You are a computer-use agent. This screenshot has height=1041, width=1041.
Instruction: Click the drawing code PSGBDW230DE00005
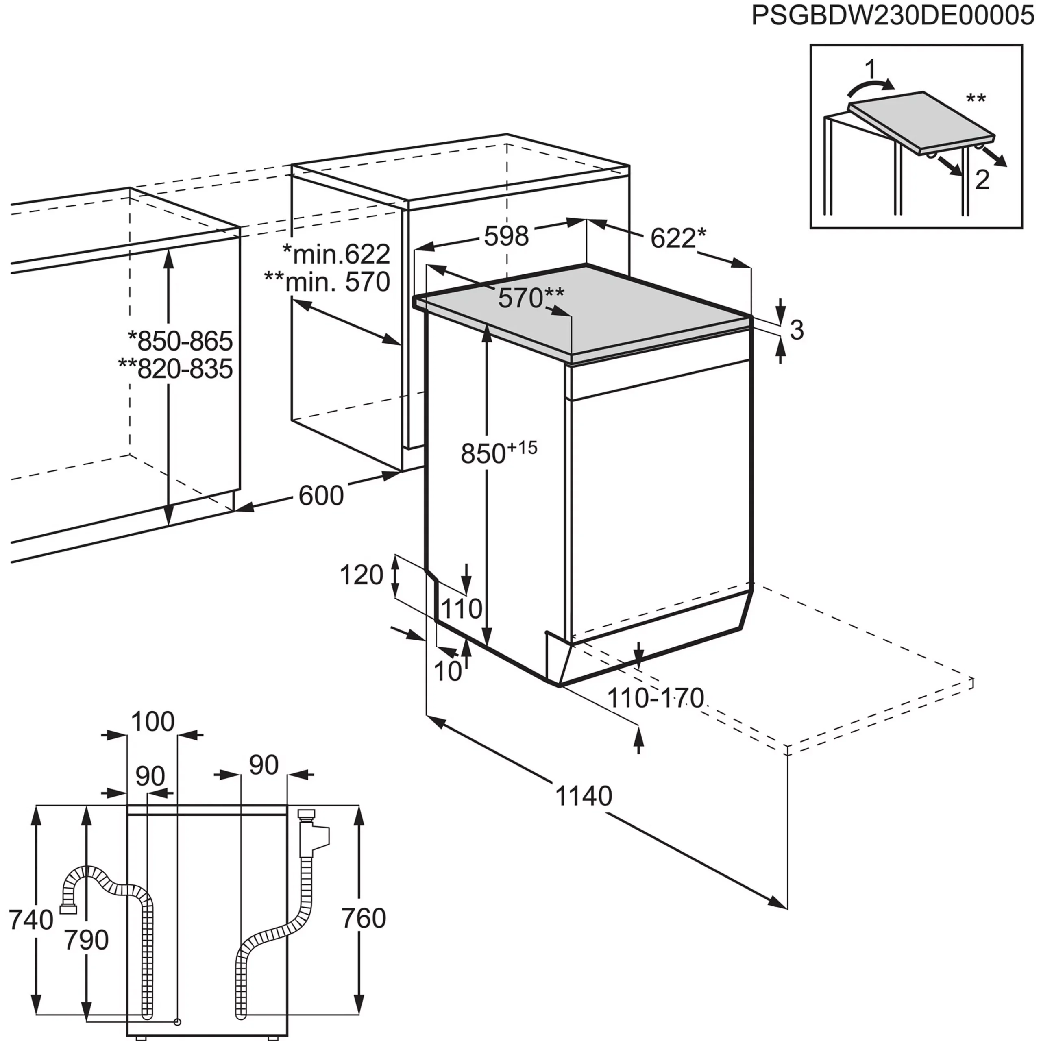(893, 16)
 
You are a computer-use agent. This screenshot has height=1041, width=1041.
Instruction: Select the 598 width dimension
(507, 236)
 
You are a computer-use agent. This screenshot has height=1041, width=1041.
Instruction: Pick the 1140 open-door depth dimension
(584, 796)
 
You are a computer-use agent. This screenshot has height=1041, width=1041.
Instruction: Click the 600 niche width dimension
(321, 496)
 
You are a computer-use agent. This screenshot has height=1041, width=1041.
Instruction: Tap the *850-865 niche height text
(180, 341)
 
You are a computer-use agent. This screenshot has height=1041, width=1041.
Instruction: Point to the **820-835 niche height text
(176, 369)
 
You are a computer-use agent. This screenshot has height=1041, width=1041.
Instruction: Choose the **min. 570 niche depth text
(327, 281)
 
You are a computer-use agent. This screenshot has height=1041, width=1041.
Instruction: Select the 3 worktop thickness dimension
(797, 330)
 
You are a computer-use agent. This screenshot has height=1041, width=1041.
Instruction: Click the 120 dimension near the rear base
(362, 575)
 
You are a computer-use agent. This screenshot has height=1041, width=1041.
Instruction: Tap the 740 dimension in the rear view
(31, 920)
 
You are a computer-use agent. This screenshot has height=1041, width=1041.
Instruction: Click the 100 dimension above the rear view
(153, 721)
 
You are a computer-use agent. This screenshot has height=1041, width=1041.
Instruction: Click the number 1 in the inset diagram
(871, 70)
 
